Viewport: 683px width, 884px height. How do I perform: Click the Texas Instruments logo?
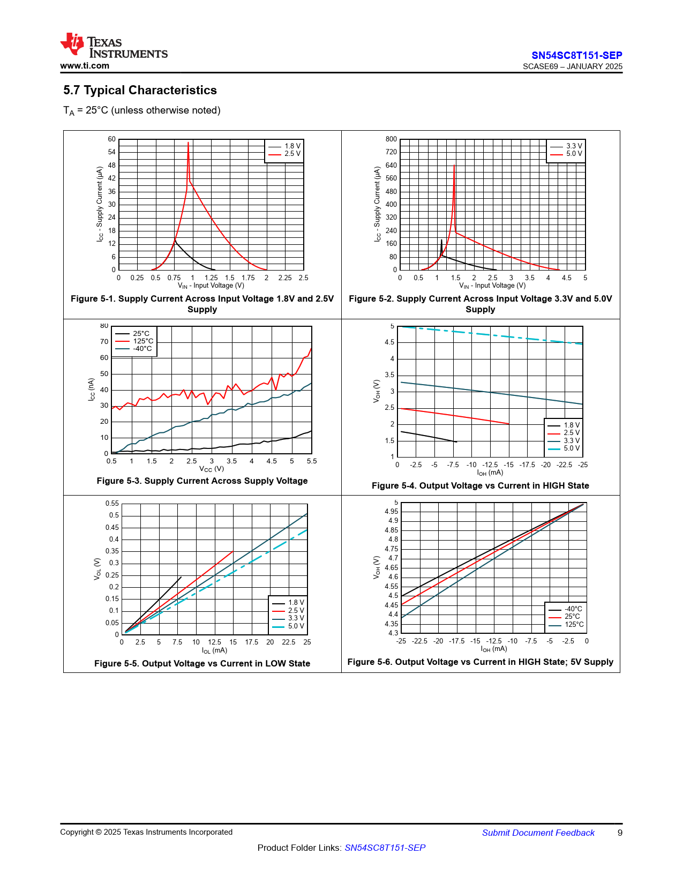114,45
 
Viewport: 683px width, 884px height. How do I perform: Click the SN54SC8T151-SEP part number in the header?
576,55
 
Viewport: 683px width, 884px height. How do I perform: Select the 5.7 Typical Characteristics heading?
140,90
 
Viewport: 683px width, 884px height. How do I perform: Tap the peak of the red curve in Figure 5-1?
188,143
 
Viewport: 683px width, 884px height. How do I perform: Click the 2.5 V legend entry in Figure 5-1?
285,154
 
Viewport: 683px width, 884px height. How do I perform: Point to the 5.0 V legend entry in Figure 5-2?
566,154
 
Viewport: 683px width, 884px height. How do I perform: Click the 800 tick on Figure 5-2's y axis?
391,139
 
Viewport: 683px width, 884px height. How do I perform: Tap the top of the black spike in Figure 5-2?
441,240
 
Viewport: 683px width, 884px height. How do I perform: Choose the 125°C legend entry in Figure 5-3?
134,341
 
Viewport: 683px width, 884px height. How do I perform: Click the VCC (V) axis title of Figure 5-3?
212,469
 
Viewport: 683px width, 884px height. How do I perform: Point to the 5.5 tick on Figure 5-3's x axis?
312,461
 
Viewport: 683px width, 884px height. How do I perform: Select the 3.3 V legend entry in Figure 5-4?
564,440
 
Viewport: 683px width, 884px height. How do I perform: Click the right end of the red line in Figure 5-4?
509,423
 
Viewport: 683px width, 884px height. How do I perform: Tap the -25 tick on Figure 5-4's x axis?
582,465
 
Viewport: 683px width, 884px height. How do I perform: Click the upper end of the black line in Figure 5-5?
181,577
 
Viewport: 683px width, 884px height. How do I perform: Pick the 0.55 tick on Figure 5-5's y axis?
112,504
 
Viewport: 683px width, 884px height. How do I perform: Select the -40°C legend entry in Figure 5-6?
566,609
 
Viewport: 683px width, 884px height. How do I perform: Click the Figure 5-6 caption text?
481,662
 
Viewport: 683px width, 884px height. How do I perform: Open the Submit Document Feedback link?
538,833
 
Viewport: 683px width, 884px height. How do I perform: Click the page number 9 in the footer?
620,833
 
